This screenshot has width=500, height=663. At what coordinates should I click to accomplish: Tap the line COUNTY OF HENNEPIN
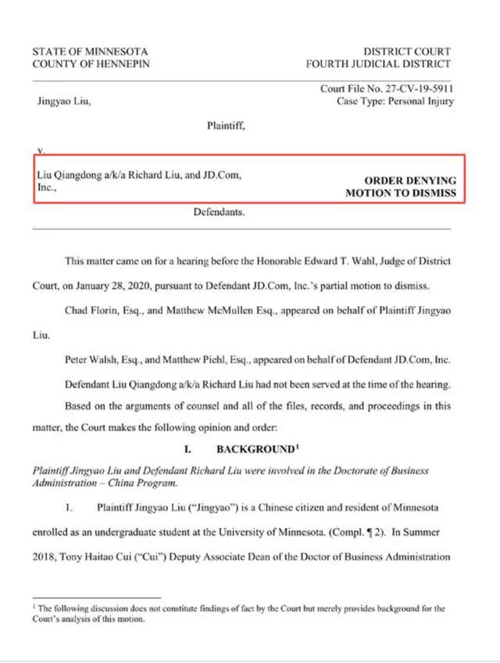coord(90,64)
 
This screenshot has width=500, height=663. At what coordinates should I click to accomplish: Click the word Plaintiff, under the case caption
coord(226,124)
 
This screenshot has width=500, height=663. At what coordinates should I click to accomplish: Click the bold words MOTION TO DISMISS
coord(400,192)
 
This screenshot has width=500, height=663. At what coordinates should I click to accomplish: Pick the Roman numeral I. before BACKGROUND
coord(188,450)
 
